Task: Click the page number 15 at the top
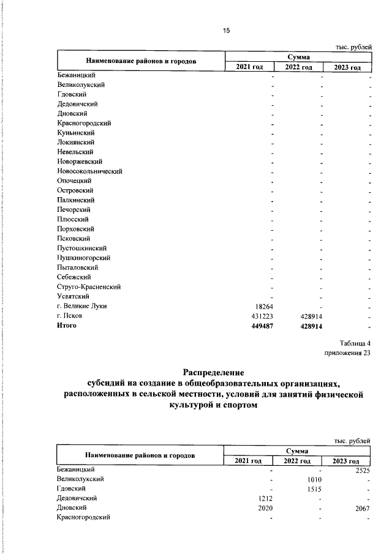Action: tap(226, 31)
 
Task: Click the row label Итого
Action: tap(67, 326)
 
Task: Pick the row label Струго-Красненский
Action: tap(88, 286)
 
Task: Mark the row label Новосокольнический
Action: tap(90, 171)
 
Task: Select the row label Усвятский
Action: tap(73, 296)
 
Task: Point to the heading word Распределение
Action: tap(214, 372)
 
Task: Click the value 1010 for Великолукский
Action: tap(314, 479)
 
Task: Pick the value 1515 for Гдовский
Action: tap(314, 489)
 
